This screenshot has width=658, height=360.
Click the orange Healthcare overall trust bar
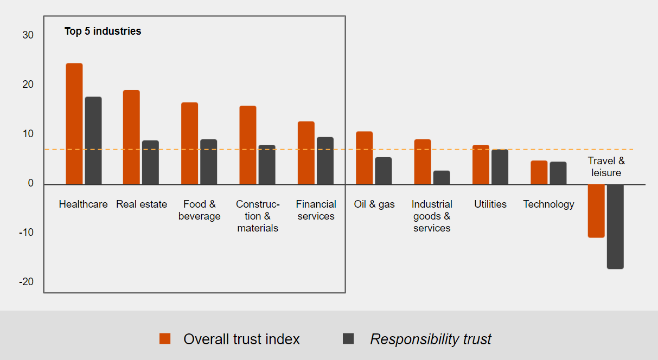(74, 124)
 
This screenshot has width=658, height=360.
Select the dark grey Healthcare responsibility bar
(93, 140)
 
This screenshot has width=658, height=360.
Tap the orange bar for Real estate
(131, 137)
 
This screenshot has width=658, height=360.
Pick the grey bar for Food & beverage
(208, 162)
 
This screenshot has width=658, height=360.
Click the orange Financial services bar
(306, 153)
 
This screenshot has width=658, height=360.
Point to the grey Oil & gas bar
(383, 171)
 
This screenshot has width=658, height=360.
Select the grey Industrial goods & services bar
(442, 177)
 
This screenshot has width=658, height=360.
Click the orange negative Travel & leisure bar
(596, 211)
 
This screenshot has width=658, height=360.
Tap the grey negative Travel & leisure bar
(615, 227)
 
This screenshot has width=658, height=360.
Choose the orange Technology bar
(539, 172)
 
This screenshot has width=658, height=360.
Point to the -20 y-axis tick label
(26, 282)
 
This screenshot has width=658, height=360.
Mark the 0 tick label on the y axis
(31, 183)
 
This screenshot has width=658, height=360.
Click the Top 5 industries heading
(103, 31)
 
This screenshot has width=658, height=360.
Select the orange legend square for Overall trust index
(165, 339)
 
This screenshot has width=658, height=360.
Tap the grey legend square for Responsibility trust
(348, 339)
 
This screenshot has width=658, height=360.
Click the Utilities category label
(490, 204)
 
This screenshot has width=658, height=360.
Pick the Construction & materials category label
(258, 216)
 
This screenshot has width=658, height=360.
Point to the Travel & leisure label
(606, 167)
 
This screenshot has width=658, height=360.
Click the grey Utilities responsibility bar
(500, 167)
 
